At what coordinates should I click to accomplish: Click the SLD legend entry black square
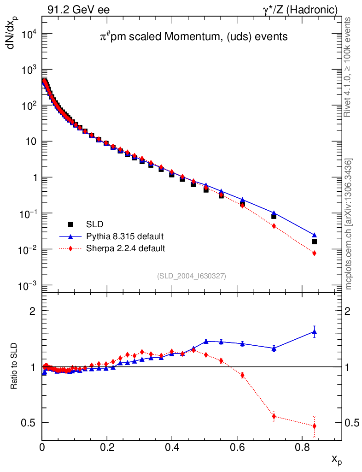pyautogui.click(x=71, y=224)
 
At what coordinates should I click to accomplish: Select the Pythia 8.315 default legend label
pyautogui.click(x=125, y=236)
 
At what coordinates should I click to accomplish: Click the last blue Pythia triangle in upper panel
pyautogui.click(x=315, y=235)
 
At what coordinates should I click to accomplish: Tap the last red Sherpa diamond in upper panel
pyautogui.click(x=315, y=253)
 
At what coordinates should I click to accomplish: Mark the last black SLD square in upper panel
pyautogui.click(x=315, y=242)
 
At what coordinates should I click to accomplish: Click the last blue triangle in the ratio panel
pyautogui.click(x=315, y=331)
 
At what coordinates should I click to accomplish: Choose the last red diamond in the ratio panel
pyautogui.click(x=315, y=426)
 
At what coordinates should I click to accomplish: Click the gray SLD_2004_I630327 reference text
pyautogui.click(x=191, y=276)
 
